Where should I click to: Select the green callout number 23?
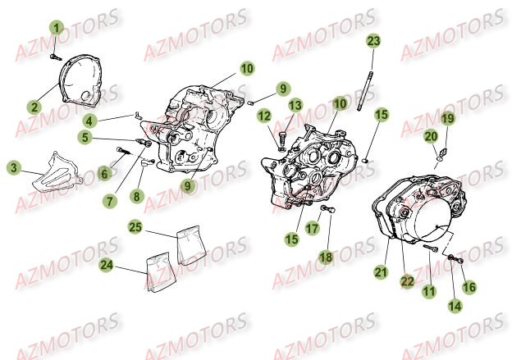[373, 41]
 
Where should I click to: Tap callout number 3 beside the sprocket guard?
[14, 168]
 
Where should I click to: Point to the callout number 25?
[136, 227]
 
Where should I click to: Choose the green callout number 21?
[381, 272]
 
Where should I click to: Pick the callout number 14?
[455, 306]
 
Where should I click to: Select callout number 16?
[469, 287]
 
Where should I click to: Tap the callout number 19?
[448, 118]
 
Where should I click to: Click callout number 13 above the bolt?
[295, 106]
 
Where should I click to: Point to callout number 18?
[326, 257]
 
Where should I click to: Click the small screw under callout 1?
[56, 57]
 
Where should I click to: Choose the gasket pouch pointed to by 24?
[161, 271]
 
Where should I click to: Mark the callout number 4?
[89, 121]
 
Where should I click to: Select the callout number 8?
[136, 196]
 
